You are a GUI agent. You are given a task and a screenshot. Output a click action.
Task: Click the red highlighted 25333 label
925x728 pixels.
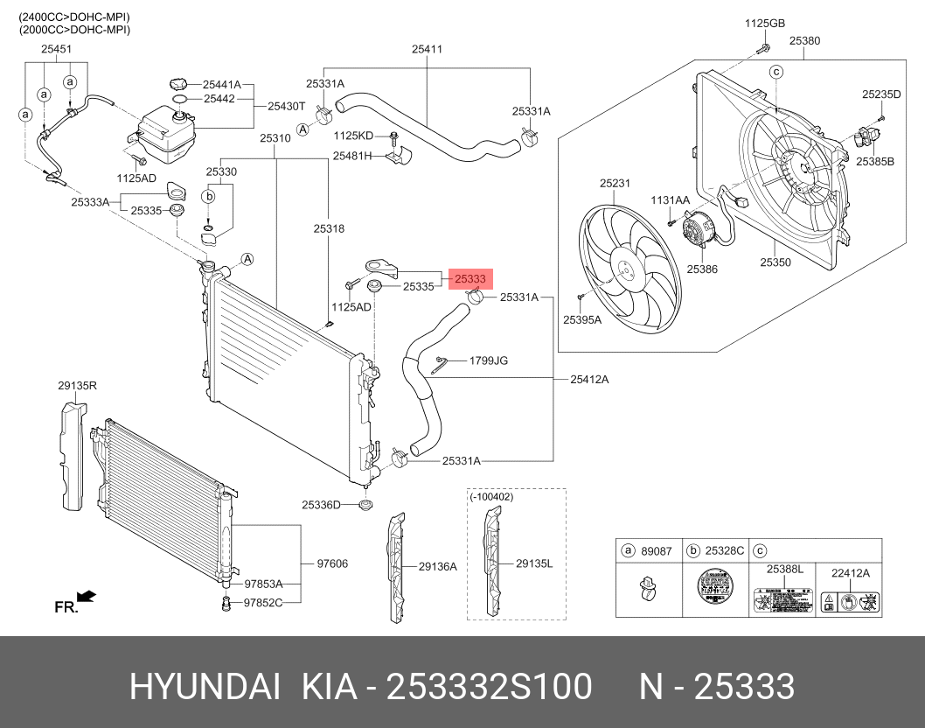(x=470, y=279)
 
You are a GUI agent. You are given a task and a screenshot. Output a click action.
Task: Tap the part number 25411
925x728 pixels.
(x=427, y=50)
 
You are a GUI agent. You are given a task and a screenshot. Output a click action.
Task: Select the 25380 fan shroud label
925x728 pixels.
(x=804, y=41)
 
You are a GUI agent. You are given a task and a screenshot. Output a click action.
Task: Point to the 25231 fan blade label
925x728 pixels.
(x=615, y=184)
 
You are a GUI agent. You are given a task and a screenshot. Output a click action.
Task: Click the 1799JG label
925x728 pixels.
(x=489, y=360)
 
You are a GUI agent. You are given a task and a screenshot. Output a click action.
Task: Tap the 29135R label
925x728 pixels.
(x=78, y=384)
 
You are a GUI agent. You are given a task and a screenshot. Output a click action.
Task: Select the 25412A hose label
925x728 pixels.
(x=589, y=380)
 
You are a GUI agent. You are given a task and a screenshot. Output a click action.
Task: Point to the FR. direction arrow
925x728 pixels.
(x=86, y=597)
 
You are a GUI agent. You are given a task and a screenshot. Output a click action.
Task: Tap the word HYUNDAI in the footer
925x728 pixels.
(x=205, y=688)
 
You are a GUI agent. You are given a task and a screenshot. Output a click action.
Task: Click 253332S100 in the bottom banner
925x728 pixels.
(x=489, y=688)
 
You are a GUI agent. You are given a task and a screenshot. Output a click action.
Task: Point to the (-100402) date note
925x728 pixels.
(x=491, y=497)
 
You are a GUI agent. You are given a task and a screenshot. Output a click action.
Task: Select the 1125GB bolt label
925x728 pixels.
(x=765, y=23)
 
